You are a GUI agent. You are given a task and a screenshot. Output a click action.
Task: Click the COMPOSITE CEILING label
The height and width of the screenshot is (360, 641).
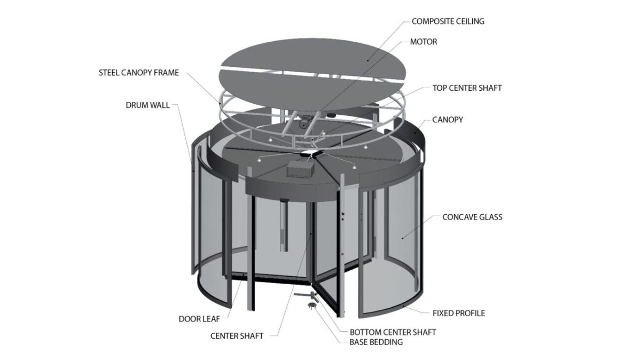[x=448, y=21]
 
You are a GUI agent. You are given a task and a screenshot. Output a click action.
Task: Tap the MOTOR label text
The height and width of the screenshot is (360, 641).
[x=424, y=42]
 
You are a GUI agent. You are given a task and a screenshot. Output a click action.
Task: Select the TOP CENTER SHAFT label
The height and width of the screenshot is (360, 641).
[x=467, y=88]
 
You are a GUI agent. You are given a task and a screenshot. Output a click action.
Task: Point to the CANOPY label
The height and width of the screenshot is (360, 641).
[x=448, y=120]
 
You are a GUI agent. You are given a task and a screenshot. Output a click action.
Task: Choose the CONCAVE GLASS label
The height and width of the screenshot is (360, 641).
[x=472, y=217]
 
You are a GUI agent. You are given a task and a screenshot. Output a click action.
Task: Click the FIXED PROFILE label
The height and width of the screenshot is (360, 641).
[x=459, y=313]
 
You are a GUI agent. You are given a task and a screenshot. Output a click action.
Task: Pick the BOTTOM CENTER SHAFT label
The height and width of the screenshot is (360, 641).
[x=393, y=332]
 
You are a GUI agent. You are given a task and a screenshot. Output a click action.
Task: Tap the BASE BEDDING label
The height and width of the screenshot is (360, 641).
[x=376, y=342]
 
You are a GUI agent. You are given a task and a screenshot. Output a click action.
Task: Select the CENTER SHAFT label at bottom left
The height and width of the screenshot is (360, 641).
[x=237, y=335]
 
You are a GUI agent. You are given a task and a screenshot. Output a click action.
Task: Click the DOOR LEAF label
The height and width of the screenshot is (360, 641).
[x=199, y=319]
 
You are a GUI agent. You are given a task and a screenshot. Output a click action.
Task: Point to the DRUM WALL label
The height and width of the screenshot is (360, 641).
[x=147, y=105]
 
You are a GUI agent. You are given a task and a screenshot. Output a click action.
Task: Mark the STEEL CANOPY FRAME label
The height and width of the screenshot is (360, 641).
[x=139, y=73]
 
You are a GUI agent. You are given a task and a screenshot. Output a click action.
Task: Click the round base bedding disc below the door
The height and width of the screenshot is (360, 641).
[x=311, y=305]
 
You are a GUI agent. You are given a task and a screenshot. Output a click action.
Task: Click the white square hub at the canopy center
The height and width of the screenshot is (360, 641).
[x=310, y=153]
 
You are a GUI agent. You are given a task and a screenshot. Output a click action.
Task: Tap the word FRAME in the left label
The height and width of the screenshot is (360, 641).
[x=166, y=73]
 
